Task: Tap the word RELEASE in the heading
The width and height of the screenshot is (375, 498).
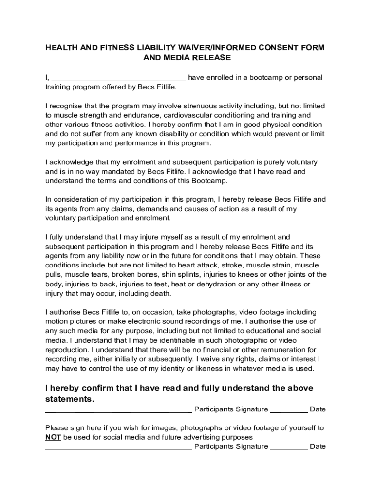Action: [210, 58]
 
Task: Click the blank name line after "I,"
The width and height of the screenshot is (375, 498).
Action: [118, 78]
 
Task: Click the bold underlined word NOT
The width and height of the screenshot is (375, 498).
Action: [53, 437]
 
